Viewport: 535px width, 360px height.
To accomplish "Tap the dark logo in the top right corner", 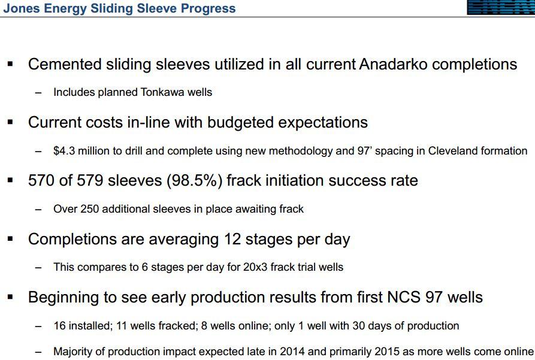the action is (501, 7).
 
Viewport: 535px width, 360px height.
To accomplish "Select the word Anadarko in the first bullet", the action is (393, 64).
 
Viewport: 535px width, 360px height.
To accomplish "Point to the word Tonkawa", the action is (157, 92).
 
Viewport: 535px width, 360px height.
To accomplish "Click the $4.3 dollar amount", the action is (64, 151).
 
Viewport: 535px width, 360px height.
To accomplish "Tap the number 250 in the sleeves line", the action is (90, 209).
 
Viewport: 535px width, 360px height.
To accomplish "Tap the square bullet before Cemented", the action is (10, 63).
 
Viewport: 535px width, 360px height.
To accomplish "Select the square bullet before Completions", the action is (10, 238).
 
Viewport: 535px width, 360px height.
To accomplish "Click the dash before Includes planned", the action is (38, 92).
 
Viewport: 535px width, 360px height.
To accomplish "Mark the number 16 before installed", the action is (59, 325).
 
